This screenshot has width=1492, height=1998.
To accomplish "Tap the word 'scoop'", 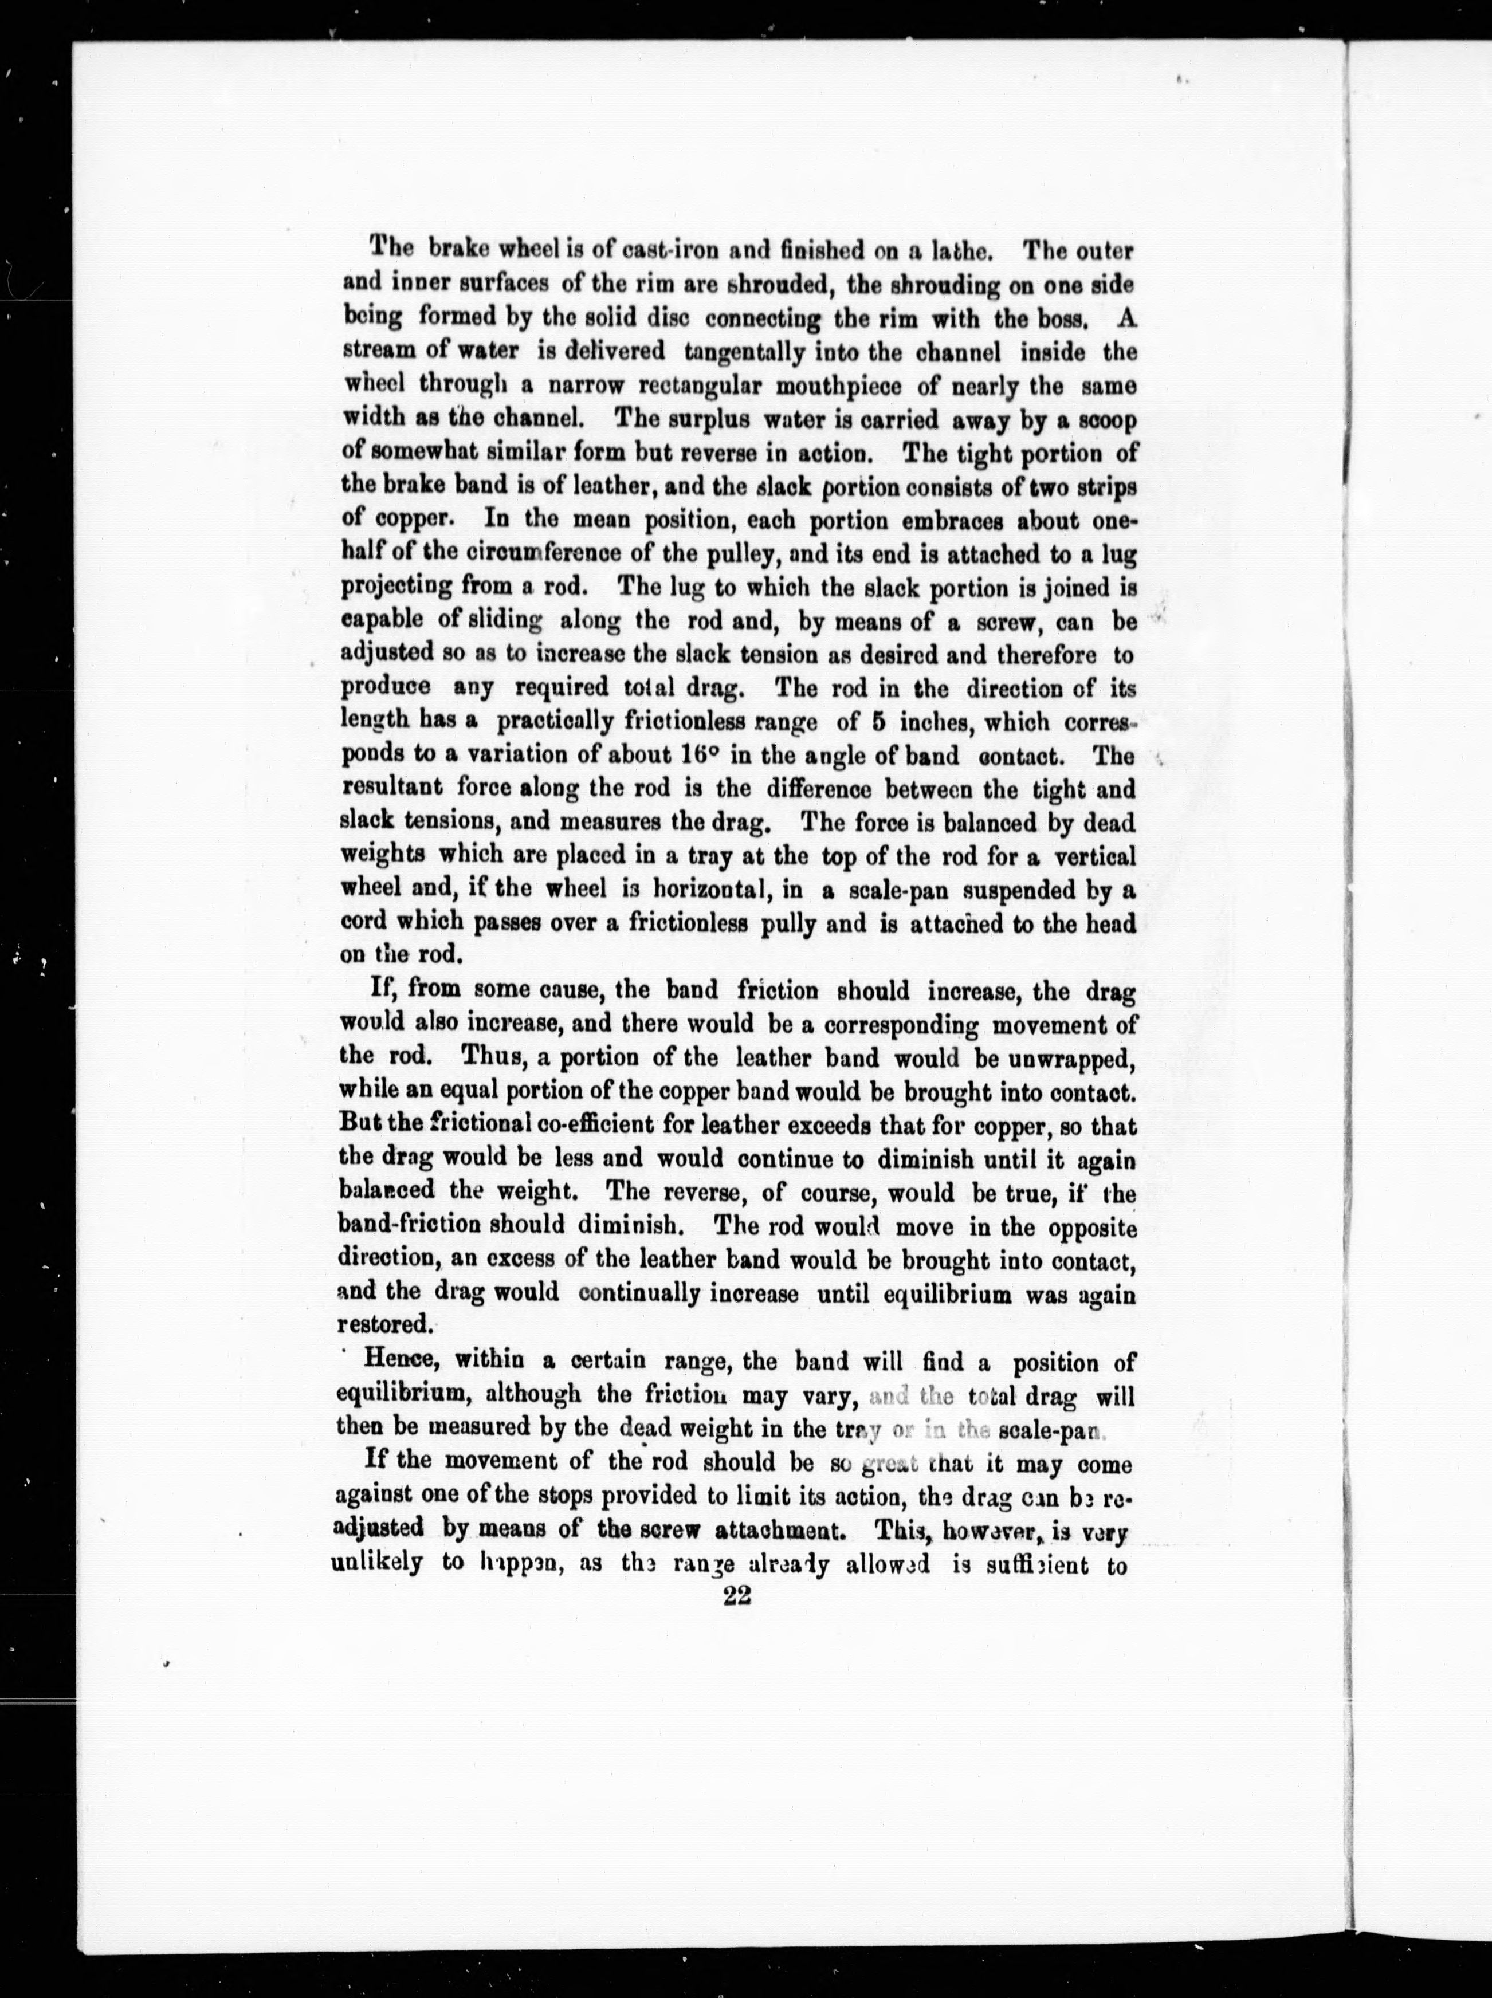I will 1103,420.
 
